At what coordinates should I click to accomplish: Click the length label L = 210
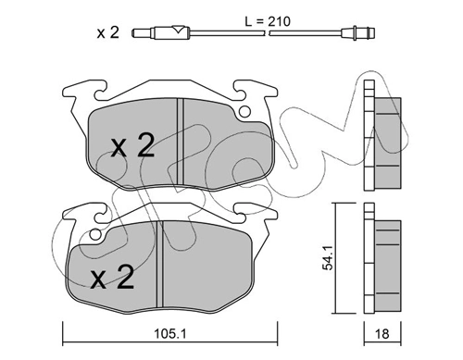(268, 21)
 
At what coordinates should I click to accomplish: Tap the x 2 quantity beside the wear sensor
(107, 32)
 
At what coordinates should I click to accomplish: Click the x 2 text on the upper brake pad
(132, 145)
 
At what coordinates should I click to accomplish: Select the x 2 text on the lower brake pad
(112, 277)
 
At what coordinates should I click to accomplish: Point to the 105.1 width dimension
(170, 334)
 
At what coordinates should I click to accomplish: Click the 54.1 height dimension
(328, 258)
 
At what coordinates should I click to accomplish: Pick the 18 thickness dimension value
(382, 334)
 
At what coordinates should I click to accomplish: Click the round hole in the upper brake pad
(244, 112)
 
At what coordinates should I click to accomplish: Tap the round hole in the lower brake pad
(95, 234)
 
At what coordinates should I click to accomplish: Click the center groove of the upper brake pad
(181, 143)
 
